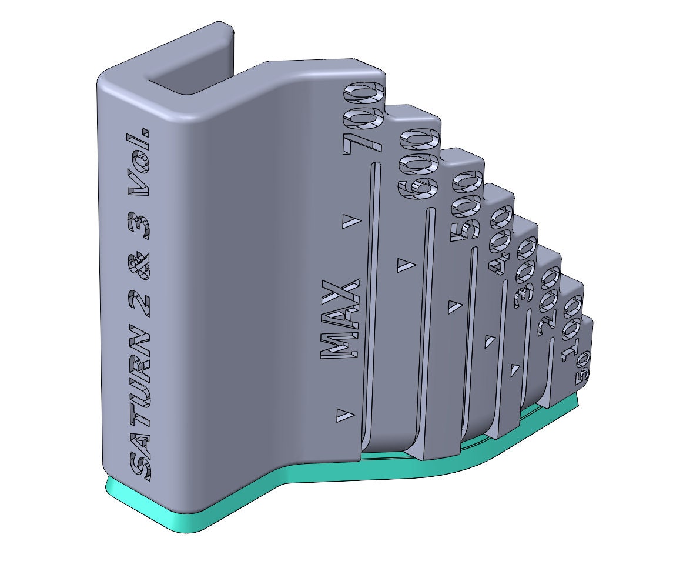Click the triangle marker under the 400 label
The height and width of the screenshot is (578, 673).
pyautogui.click(x=489, y=342)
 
